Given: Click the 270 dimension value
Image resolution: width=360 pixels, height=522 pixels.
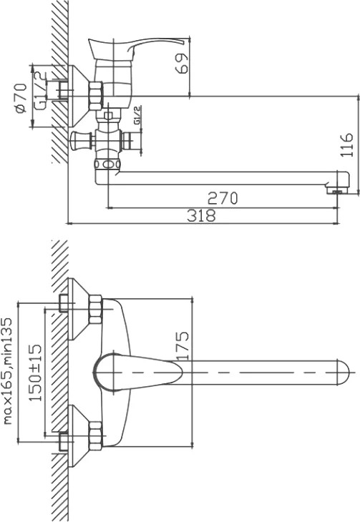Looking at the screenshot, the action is (223, 198).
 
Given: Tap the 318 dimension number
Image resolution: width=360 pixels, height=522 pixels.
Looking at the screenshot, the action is (201, 215).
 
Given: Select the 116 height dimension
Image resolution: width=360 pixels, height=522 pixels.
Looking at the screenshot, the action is (346, 145).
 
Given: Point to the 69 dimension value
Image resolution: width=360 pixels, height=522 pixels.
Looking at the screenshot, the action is (181, 63).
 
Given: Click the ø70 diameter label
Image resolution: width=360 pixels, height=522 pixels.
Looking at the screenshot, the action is (21, 98).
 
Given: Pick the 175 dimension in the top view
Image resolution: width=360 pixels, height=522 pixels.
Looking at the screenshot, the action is (183, 345).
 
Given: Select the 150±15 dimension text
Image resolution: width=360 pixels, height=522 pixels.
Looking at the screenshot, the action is (36, 373).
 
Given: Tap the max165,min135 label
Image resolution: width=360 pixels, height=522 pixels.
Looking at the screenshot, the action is (7, 371).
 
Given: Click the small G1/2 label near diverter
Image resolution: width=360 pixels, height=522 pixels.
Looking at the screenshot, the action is (137, 115).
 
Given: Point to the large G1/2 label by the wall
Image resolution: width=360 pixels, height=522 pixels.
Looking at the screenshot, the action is (40, 91).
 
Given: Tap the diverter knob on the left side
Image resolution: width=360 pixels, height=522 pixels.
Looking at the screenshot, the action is (81, 140).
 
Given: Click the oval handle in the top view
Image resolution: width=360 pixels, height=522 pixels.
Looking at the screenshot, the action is (137, 372).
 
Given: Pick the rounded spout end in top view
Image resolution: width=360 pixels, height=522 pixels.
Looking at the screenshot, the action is (343, 372).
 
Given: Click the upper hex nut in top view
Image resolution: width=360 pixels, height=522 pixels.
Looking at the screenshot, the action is (95, 310).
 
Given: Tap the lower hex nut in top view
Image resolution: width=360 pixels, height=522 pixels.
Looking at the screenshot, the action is (95, 435).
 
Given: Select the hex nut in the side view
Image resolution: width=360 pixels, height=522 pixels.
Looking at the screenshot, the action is (96, 97).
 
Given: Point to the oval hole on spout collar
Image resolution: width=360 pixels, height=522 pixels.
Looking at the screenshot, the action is (107, 164).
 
